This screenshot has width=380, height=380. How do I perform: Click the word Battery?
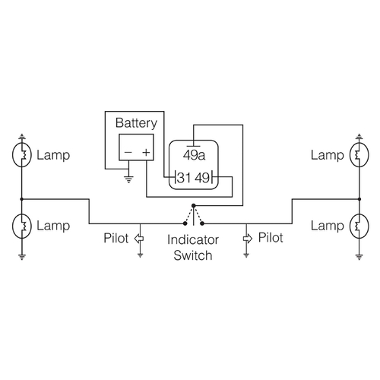pos(136,122)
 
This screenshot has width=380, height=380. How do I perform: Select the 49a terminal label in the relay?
pos(195,155)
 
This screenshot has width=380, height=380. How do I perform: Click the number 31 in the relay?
pos(182,179)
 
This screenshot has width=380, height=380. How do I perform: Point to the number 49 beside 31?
pos(203,179)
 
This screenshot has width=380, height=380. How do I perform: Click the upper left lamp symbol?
pos(22,155)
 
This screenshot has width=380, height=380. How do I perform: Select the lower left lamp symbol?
pos(22,226)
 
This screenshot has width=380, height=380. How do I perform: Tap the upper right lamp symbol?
pos(357,155)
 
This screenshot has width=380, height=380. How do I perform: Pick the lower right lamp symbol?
pos(357,226)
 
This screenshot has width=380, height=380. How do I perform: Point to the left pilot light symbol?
pos(139,238)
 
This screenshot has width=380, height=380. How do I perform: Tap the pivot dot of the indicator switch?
pos(193,206)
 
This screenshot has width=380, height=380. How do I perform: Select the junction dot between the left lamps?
pos(22,198)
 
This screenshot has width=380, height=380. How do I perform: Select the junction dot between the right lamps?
pos(357,198)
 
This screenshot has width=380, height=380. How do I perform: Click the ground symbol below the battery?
pos(128,181)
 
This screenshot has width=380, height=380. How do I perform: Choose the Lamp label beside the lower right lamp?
pos(326,226)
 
